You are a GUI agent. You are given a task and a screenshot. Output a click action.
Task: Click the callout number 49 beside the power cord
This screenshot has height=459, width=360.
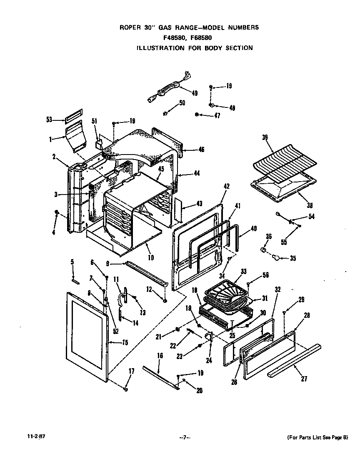point(195,93)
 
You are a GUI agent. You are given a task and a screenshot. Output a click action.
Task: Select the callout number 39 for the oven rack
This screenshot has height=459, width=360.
point(265,137)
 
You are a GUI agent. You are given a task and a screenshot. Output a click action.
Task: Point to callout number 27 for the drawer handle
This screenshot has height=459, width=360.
point(304,379)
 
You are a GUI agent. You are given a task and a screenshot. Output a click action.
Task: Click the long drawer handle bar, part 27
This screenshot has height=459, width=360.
point(294,361)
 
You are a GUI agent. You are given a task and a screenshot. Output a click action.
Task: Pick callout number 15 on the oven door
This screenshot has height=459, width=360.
point(125,342)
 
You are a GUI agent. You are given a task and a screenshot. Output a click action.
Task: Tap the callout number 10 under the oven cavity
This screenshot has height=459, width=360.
point(150,258)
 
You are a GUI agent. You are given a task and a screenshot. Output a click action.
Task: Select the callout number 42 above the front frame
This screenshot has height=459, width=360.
point(227,186)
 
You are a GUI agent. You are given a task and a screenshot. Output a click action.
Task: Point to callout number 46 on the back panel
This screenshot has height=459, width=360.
point(201,149)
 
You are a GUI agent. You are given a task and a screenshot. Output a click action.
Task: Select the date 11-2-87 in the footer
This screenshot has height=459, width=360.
point(26,437)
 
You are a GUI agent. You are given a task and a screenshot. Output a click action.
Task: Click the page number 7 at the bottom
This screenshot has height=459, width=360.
point(185,437)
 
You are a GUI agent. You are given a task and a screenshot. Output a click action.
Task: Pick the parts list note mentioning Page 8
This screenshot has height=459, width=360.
point(317,437)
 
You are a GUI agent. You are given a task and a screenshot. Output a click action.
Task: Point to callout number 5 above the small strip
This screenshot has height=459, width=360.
point(72,262)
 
